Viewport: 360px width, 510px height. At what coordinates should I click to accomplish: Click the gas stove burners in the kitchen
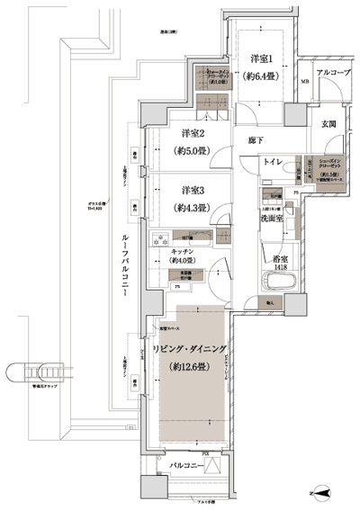pyautogui.click(x=159, y=239)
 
